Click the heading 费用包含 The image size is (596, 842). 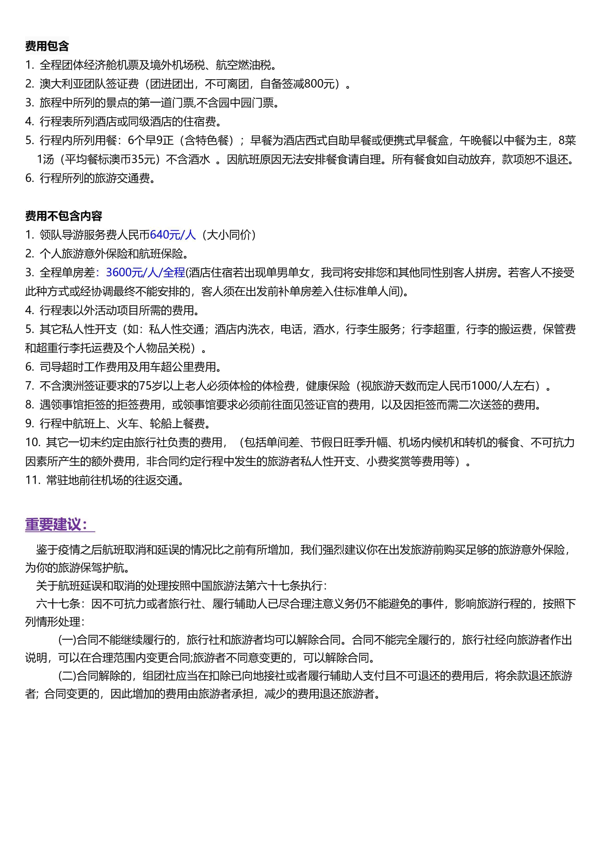pos(47,46)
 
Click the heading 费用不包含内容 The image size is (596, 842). pos(63,216)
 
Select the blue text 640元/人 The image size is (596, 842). pos(173,235)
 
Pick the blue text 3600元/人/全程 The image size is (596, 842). pos(145,273)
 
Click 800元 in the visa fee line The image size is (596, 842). pos(319,84)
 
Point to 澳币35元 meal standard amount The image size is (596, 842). pos(127,159)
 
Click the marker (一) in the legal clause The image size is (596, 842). pos(67,640)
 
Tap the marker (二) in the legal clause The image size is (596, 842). pos(67,676)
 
